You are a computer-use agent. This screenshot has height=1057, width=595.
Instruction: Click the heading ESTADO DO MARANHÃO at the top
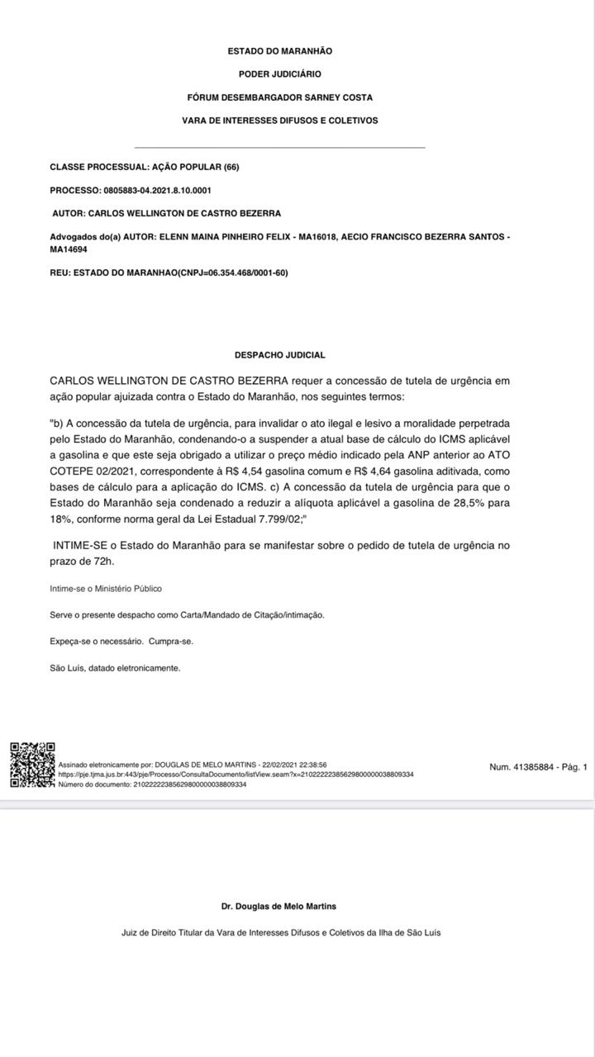point(280,51)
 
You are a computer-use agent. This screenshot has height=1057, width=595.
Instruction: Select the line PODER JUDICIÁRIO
point(280,74)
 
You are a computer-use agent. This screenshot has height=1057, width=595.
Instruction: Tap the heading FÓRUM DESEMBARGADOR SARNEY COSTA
point(280,97)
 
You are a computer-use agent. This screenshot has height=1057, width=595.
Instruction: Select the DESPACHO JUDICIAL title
point(280,355)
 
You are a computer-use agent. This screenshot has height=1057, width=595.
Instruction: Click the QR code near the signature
point(32,765)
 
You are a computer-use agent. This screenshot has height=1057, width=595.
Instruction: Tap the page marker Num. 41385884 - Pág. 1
point(538,767)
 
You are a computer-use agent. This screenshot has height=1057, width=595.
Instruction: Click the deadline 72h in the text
point(102,562)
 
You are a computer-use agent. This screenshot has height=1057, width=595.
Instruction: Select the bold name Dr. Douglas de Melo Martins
point(280,906)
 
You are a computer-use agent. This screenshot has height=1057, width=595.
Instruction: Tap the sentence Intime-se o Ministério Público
point(106,589)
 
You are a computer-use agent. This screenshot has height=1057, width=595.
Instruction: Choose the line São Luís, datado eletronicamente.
point(115,668)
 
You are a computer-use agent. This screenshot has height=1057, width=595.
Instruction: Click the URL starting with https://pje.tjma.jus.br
point(236,775)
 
